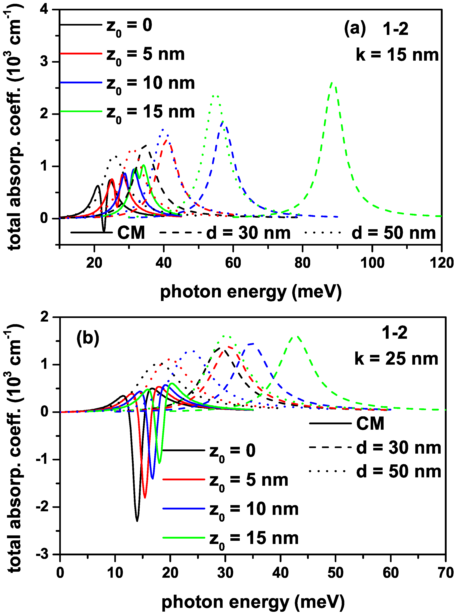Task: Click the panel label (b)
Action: tap(88, 338)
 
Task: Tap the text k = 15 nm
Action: tap(397, 55)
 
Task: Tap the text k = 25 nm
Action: tap(396, 359)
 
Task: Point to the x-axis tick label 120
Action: tap(441, 263)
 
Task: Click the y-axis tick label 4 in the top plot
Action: tap(44, 10)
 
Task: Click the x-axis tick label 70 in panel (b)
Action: tap(445, 573)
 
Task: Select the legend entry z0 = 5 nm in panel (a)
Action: tap(145, 54)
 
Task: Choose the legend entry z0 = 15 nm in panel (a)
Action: tap(151, 112)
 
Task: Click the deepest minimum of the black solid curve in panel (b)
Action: tap(137, 521)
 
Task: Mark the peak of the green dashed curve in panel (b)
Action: tap(297, 336)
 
